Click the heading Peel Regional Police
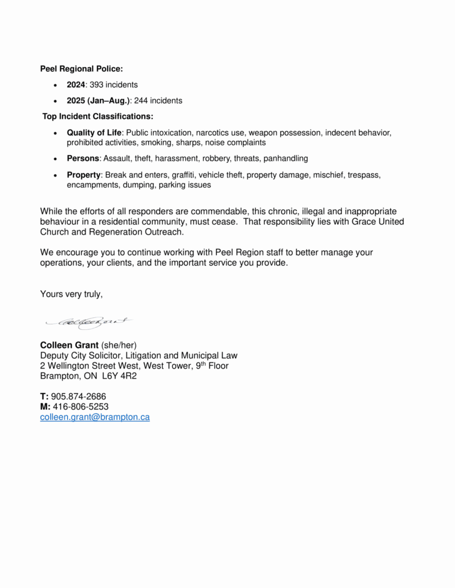click(81, 69)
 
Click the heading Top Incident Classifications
click(98, 117)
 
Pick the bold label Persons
click(83, 158)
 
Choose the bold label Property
click(83, 175)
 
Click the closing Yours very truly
click(71, 294)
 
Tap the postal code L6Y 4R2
click(119, 376)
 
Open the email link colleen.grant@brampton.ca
click(95, 417)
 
